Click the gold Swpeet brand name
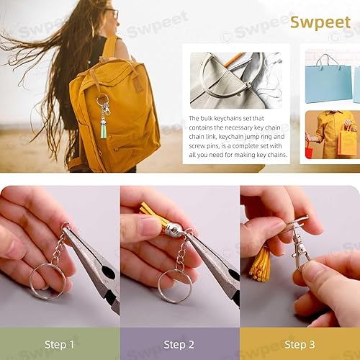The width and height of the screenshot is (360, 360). pyautogui.click(x=320, y=22)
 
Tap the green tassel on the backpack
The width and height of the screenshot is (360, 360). pyautogui.click(x=104, y=131)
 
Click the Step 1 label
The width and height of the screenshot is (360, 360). pyautogui.click(x=59, y=344)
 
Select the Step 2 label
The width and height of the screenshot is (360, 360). pyautogui.click(x=179, y=345)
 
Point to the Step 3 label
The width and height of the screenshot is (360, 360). pyautogui.click(x=300, y=345)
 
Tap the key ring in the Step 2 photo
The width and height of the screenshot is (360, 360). pyautogui.click(x=159, y=286)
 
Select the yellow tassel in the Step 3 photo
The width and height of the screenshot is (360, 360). pyautogui.click(x=261, y=265)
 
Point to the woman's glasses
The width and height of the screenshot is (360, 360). pyautogui.click(x=113, y=12)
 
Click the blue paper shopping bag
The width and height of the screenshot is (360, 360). pyautogui.click(x=328, y=81)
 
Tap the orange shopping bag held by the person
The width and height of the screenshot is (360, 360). pyautogui.click(x=347, y=142)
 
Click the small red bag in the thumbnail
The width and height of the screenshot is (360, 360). pyautogui.click(x=309, y=151)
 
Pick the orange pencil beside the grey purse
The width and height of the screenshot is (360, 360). pyautogui.click(x=233, y=60)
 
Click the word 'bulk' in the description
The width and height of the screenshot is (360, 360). pyautogui.click(x=207, y=119)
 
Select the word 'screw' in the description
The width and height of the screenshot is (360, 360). pyautogui.click(x=197, y=146)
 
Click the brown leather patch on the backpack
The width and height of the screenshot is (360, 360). pyautogui.click(x=138, y=84)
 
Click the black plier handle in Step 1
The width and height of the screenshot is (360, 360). pyautogui.click(x=109, y=283)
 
